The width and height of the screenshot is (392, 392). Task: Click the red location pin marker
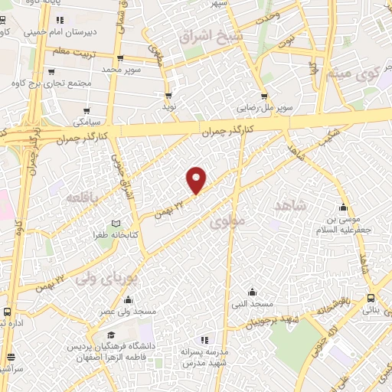[197, 179]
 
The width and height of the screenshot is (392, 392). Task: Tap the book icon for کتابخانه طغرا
[116, 223]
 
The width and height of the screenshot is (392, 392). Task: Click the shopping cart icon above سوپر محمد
[120, 58]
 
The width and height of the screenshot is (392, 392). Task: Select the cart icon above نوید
[168, 96]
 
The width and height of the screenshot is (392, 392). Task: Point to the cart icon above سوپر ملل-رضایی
[264, 96]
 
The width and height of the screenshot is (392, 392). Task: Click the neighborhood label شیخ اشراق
[210, 36]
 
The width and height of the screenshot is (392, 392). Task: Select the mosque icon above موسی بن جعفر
[344, 207]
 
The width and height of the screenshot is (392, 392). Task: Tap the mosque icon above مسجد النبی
[253, 292]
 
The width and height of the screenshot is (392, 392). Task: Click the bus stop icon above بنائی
[371, 299]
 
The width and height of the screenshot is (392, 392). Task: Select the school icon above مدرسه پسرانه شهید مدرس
[203, 339]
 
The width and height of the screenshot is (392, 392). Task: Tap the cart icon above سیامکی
[87, 111]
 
